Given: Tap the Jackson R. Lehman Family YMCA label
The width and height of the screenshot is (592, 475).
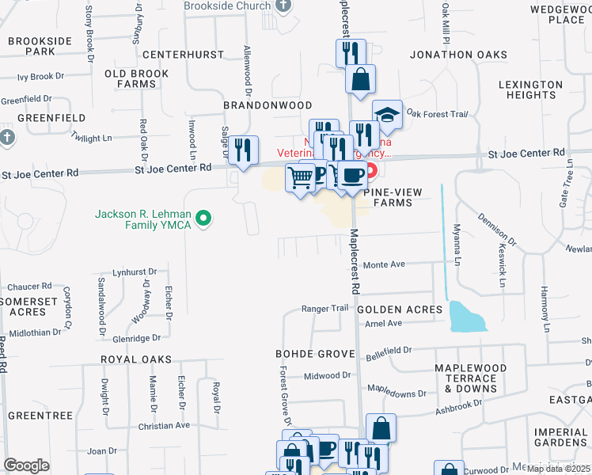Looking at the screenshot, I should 144,218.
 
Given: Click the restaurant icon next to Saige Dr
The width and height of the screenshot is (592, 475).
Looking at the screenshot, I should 243,149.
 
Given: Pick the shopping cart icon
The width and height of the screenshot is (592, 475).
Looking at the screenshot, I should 300,177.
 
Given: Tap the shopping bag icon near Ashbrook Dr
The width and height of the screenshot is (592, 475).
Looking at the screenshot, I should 381,428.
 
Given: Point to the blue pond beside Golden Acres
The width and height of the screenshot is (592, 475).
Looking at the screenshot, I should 467,316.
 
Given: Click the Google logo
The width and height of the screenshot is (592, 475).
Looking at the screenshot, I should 26,465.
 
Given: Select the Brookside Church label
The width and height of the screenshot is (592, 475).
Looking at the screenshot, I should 227,6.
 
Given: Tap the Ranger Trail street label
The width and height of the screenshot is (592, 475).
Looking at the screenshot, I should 324,308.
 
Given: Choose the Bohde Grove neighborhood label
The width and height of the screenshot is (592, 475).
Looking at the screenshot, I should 312,352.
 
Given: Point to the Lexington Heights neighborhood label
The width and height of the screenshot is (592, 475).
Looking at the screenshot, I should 530,89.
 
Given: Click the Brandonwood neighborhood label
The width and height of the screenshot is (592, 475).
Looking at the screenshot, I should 268,104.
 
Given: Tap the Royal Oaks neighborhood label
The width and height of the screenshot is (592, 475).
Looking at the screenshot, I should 136,359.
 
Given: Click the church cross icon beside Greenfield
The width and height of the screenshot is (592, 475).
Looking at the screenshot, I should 7,137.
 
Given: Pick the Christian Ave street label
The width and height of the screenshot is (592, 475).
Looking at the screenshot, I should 164,425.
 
